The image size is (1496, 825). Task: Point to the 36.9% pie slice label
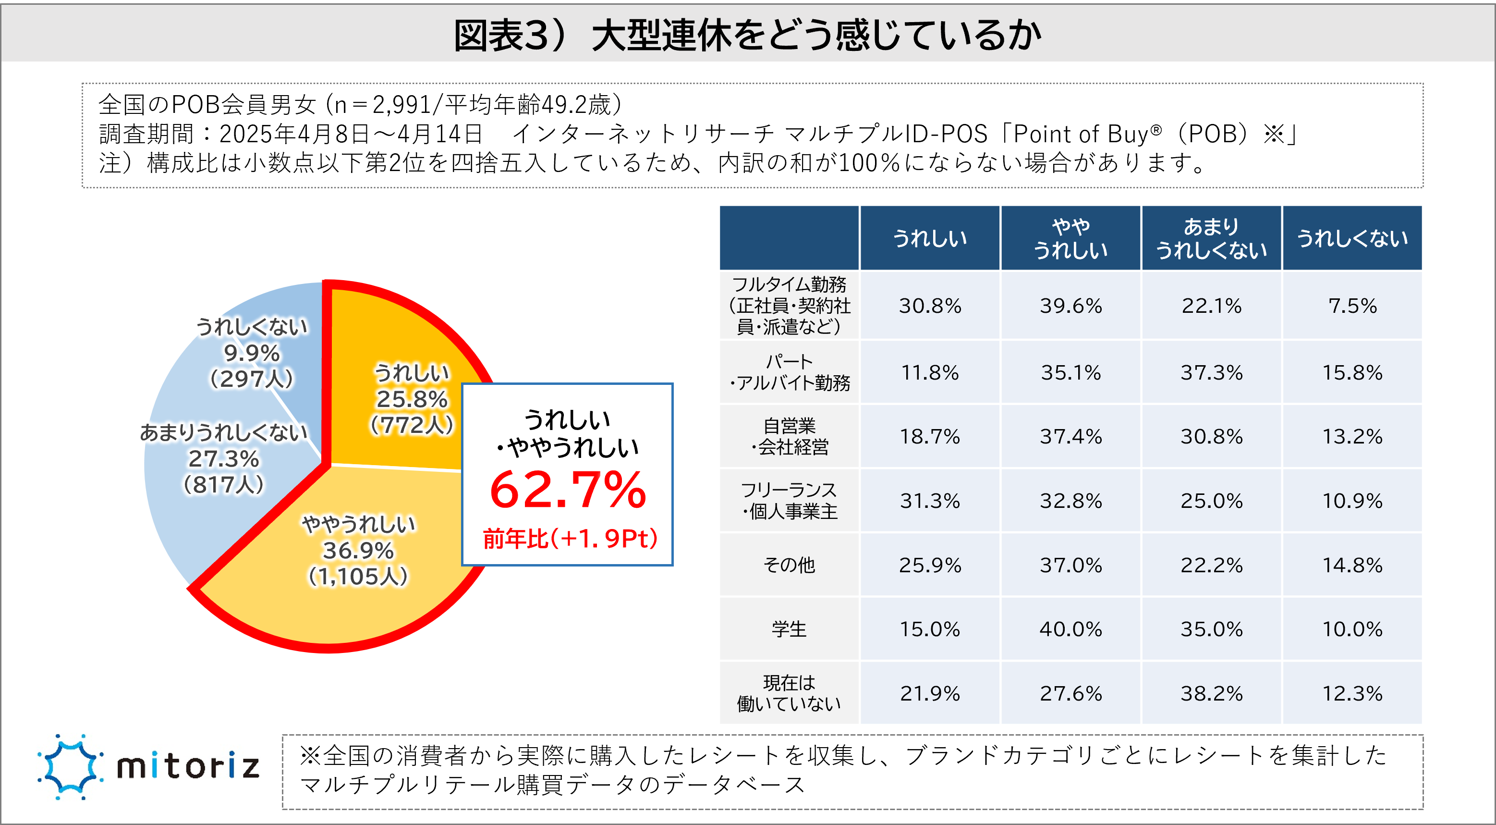(x=358, y=550)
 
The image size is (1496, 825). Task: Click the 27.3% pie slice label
(x=224, y=459)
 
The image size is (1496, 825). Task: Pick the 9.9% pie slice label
(x=252, y=353)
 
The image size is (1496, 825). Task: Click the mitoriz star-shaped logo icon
(x=70, y=767)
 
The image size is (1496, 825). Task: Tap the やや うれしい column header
(x=1070, y=238)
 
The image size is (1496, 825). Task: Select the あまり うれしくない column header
(x=1211, y=238)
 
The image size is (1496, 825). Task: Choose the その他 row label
(x=789, y=565)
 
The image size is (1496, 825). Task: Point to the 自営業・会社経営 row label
(x=789, y=436)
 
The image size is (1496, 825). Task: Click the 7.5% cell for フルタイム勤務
(x=1352, y=306)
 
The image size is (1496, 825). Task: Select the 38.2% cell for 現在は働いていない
(x=1211, y=693)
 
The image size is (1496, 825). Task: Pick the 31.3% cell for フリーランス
(x=930, y=501)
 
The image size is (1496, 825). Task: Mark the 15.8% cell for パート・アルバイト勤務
(x=1352, y=372)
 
